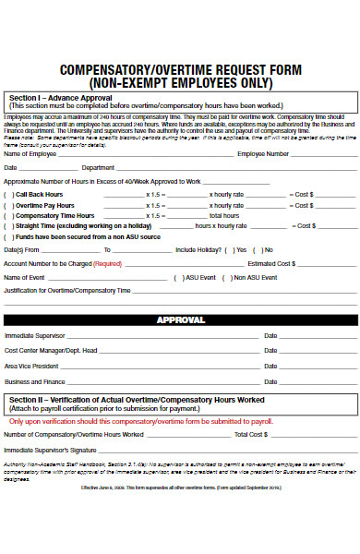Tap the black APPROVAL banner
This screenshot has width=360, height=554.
[x=180, y=319]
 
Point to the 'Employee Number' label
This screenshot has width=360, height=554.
[x=263, y=153]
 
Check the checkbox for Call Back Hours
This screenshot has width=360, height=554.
[x=7, y=195]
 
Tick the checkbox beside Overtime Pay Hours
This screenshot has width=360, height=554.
[x=7, y=205]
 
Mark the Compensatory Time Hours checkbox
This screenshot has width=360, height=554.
[x=7, y=215]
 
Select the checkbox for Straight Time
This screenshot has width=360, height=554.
[x=7, y=225]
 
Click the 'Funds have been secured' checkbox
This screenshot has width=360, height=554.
[x=7, y=236]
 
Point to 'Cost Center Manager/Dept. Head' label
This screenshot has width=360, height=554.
[x=51, y=351]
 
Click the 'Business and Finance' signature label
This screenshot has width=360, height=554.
[x=35, y=380]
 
